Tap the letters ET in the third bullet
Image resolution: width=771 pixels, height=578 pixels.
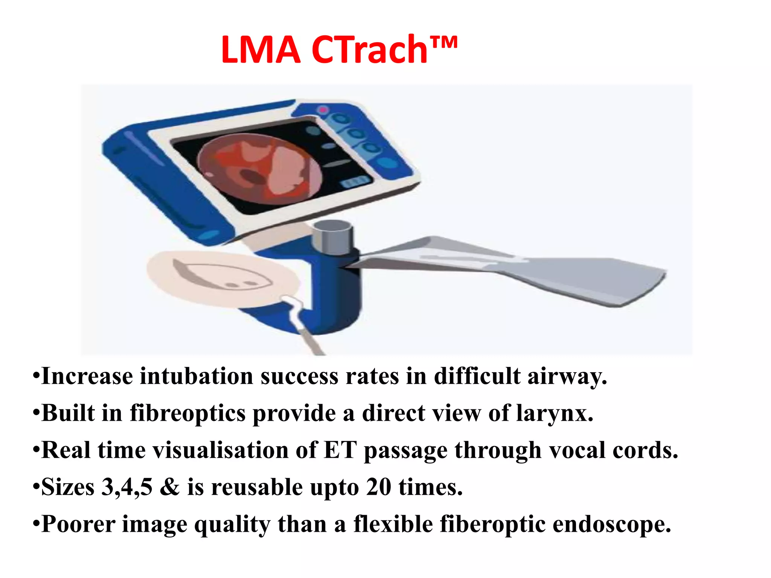click(340, 450)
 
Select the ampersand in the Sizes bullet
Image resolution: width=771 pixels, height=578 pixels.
click(170, 487)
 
